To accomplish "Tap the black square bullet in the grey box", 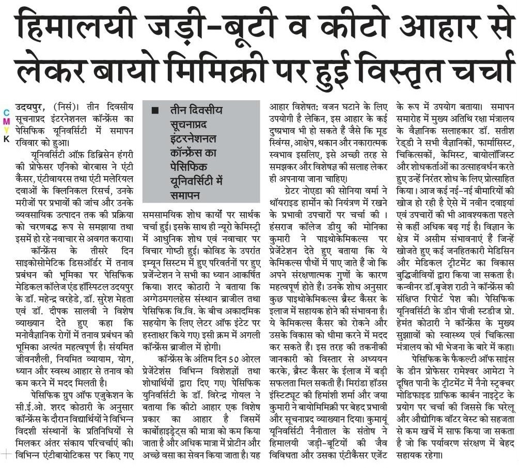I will [x=154, y=110].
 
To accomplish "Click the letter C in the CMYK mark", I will [x=6, y=113].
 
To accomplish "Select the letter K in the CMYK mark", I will [x=6, y=139].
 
